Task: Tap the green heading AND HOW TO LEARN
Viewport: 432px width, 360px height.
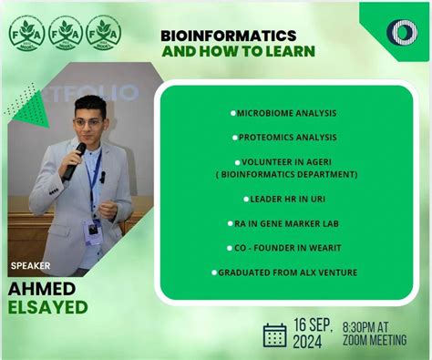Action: click(239, 51)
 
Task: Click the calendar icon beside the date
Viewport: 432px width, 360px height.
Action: click(274, 334)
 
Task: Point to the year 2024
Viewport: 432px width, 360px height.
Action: click(311, 343)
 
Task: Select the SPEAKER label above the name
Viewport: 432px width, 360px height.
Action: click(30, 267)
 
